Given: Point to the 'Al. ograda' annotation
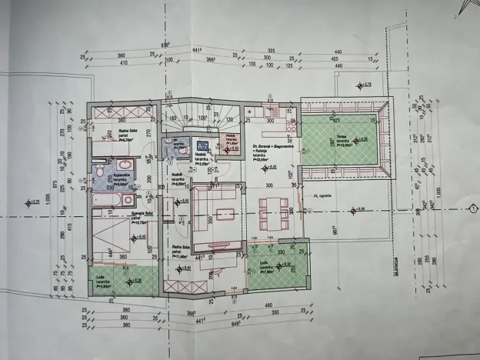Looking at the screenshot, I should [322, 195].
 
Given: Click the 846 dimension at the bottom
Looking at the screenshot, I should [197, 325].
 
